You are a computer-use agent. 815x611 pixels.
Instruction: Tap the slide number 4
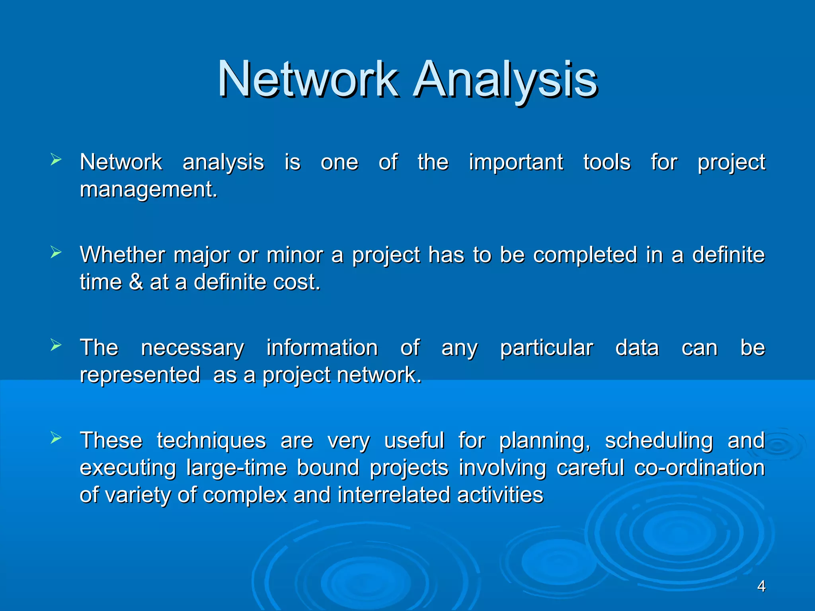click(x=761, y=586)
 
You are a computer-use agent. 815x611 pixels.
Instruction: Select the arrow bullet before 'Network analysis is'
click(x=56, y=160)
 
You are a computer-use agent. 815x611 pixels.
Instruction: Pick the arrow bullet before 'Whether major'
click(x=56, y=253)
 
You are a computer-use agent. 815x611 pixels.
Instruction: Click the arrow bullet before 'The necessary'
click(x=56, y=345)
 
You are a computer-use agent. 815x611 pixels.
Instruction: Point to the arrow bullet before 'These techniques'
click(x=56, y=438)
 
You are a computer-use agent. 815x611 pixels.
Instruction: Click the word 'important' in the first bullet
click(x=516, y=163)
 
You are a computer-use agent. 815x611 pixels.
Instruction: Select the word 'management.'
click(x=148, y=190)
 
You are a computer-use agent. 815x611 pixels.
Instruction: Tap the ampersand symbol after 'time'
click(x=136, y=282)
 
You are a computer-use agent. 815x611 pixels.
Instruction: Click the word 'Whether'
click(x=122, y=255)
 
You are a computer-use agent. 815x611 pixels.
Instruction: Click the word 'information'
click(x=322, y=348)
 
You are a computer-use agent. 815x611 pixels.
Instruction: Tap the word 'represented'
click(x=140, y=375)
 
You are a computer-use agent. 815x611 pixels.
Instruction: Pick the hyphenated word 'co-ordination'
click(x=699, y=468)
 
